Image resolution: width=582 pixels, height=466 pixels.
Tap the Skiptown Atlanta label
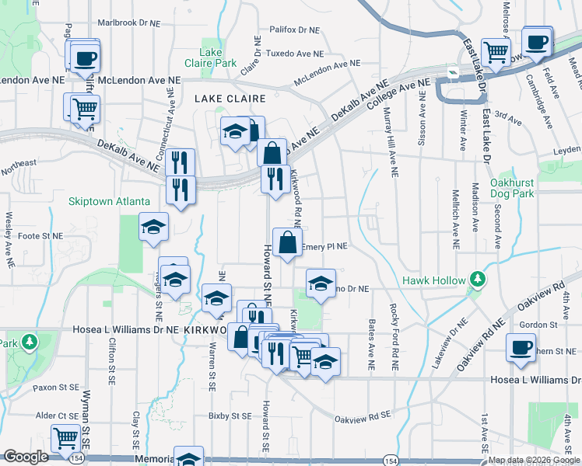(x=109, y=201)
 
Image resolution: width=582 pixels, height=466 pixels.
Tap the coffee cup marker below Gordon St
(x=521, y=349)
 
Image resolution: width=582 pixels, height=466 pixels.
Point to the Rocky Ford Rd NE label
(x=395, y=330)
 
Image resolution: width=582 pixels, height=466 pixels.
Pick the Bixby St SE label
(x=230, y=416)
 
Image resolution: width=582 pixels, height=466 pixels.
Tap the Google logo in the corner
(x=26, y=457)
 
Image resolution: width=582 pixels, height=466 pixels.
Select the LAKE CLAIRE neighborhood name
(x=230, y=99)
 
